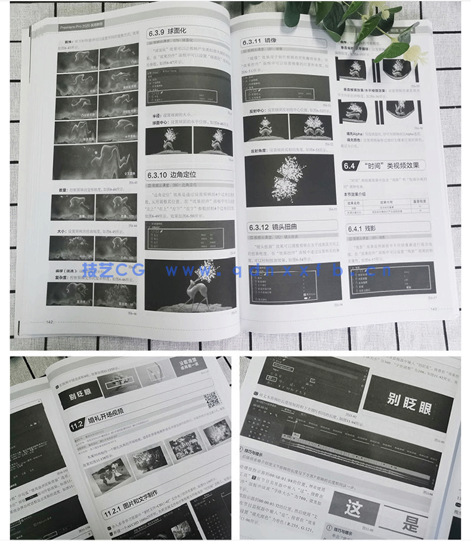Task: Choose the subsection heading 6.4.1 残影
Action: (x=364, y=227)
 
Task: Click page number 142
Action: (x=52, y=321)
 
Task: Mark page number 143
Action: (x=434, y=309)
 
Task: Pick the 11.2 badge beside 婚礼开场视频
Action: (x=76, y=425)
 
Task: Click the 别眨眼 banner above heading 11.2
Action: (x=81, y=396)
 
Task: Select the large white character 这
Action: (x=354, y=509)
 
